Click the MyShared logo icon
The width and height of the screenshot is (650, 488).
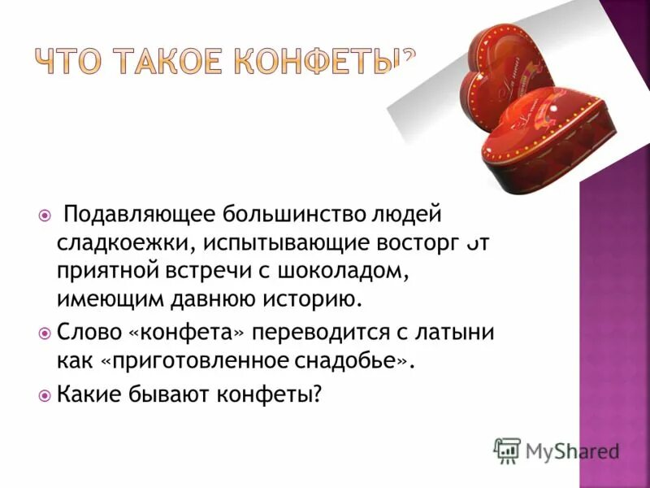coord(507,450)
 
